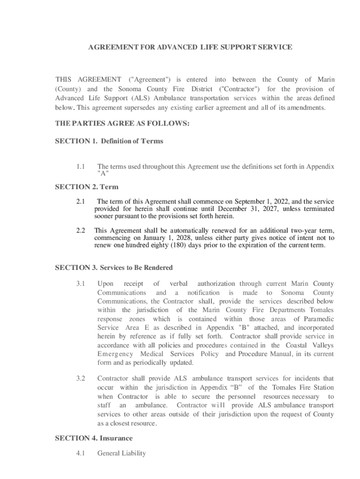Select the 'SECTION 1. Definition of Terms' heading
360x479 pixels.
coord(109,141)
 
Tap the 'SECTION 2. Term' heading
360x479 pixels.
coord(86,187)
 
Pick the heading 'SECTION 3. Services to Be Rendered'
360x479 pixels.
coord(114,268)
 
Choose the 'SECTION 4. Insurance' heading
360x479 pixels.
coord(94,438)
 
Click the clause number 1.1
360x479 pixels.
coord(80,167)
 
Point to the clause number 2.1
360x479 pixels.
coord(80,202)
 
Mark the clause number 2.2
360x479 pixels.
coord(80,231)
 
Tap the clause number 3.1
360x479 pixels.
coord(80,283)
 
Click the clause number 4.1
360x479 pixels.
coord(80,453)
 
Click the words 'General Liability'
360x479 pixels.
coord(121,453)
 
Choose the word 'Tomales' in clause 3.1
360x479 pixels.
coord(322,310)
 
